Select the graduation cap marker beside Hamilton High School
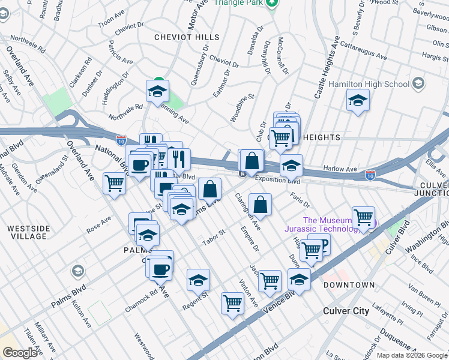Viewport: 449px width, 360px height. point(358,100)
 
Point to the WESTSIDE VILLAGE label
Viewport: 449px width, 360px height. point(26,232)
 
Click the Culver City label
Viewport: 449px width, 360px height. point(346,310)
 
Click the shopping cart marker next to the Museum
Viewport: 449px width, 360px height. point(363,217)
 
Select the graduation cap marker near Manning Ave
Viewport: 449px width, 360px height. point(157,92)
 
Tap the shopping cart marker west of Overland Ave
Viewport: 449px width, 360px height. point(114,184)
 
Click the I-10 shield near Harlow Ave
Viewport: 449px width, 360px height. point(370,175)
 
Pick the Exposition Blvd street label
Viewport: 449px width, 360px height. point(277,179)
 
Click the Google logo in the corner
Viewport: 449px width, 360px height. point(20,353)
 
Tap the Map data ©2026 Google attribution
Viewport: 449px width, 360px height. point(412,355)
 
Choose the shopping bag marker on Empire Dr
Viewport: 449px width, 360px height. point(260,205)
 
